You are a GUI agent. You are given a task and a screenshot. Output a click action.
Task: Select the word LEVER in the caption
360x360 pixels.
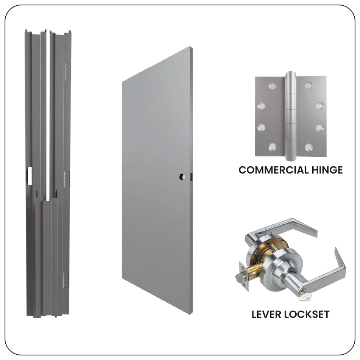(x=268, y=314)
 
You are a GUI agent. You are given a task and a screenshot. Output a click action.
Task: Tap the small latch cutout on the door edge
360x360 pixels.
(x=192, y=176)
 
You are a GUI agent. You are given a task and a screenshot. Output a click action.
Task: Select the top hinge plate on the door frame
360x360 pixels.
(x=67, y=71)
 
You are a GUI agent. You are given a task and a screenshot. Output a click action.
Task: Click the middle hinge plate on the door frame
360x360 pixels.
(x=67, y=179)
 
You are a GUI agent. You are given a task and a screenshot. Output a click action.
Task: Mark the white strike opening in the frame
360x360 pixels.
(x=30, y=176)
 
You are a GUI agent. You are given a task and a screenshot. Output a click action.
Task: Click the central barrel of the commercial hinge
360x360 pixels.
(x=290, y=114)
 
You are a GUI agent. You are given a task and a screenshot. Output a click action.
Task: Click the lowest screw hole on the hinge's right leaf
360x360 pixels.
(x=309, y=147)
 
